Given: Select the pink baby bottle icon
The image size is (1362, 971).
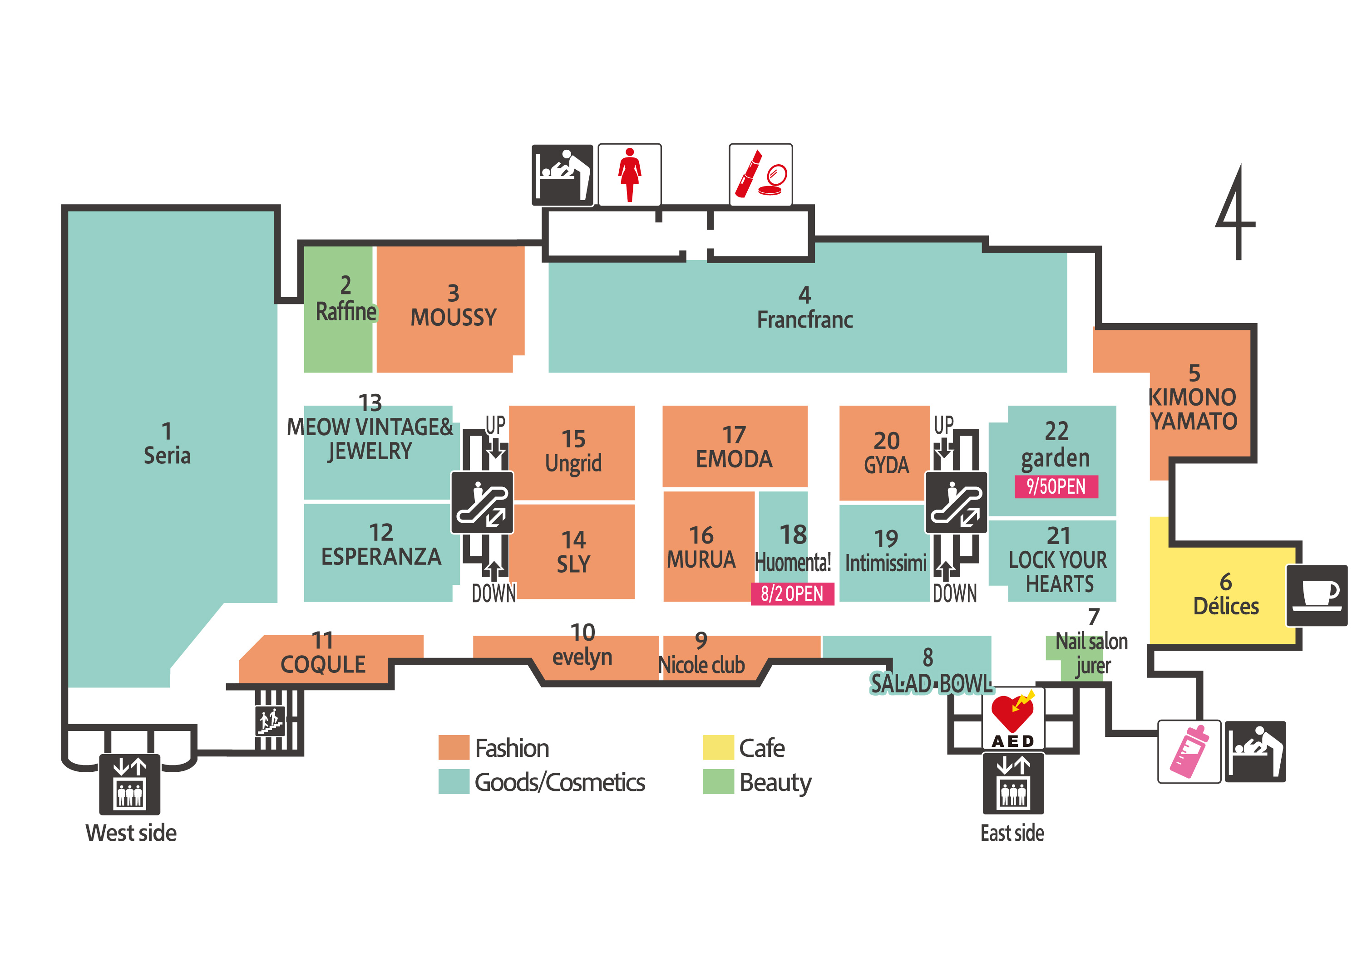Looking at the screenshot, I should pyautogui.click(x=1189, y=751).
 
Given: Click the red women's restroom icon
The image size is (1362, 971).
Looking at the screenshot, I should pyautogui.click(x=629, y=175).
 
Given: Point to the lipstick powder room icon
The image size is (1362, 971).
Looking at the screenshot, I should pyautogui.click(x=760, y=175).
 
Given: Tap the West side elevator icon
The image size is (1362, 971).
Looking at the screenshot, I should pyautogui.click(x=129, y=784).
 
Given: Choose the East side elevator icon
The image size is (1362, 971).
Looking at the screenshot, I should pyautogui.click(x=1013, y=783).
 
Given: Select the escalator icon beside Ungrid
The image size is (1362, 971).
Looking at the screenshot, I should pyautogui.click(x=482, y=502).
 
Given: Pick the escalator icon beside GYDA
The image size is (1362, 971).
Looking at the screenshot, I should pyautogui.click(x=956, y=502).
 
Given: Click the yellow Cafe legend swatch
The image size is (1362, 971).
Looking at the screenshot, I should pyautogui.click(x=718, y=747).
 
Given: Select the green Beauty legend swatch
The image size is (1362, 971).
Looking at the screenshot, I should pyautogui.click(x=718, y=781).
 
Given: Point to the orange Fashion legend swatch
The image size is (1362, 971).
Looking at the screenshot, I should pyautogui.click(x=454, y=747).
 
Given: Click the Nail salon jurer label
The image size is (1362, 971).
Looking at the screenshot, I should pyautogui.click(x=1091, y=653).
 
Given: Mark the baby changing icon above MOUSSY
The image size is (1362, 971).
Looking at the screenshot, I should pyautogui.click(x=562, y=175).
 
